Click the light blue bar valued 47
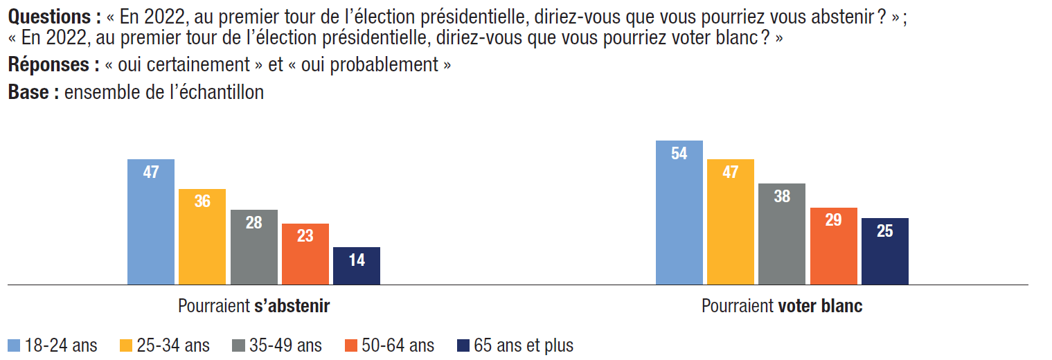click(x=151, y=222)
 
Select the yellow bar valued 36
click(x=202, y=236)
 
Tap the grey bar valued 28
click(x=254, y=246)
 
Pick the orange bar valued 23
click(x=305, y=253)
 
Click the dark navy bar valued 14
click(x=357, y=265)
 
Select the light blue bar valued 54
click(x=679, y=212)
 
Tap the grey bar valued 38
click(x=782, y=233)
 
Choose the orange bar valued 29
click(x=834, y=246)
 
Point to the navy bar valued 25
click(x=885, y=251)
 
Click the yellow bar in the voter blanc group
click(x=731, y=222)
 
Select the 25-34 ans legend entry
click(x=165, y=345)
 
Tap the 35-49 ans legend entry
click(x=277, y=345)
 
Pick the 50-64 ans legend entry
click(x=389, y=345)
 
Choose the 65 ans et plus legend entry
click(x=515, y=345)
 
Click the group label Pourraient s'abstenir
click(x=253, y=306)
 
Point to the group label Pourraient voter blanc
click(x=782, y=306)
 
